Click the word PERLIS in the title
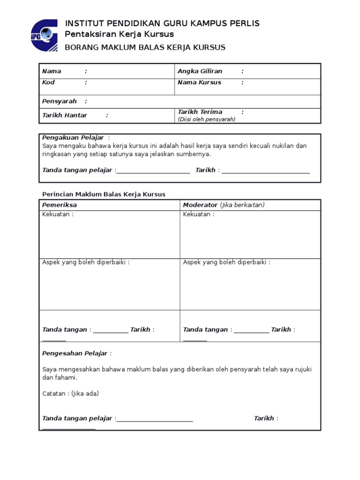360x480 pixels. point(244,23)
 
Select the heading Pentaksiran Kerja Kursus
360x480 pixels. point(119,34)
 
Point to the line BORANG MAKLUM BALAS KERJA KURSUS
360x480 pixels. point(145,47)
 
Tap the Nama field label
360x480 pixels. point(52,71)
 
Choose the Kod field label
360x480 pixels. point(48,82)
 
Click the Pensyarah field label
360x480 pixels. point(59,101)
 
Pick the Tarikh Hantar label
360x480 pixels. point(65,115)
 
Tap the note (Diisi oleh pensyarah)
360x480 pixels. point(206,119)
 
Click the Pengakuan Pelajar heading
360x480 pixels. point(73,137)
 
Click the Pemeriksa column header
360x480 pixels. point(60,205)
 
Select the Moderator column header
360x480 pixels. point(200,205)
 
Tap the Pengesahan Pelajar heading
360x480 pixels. point(75,353)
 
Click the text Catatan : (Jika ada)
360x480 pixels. point(70,394)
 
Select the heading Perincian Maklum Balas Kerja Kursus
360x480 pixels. point(104,194)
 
